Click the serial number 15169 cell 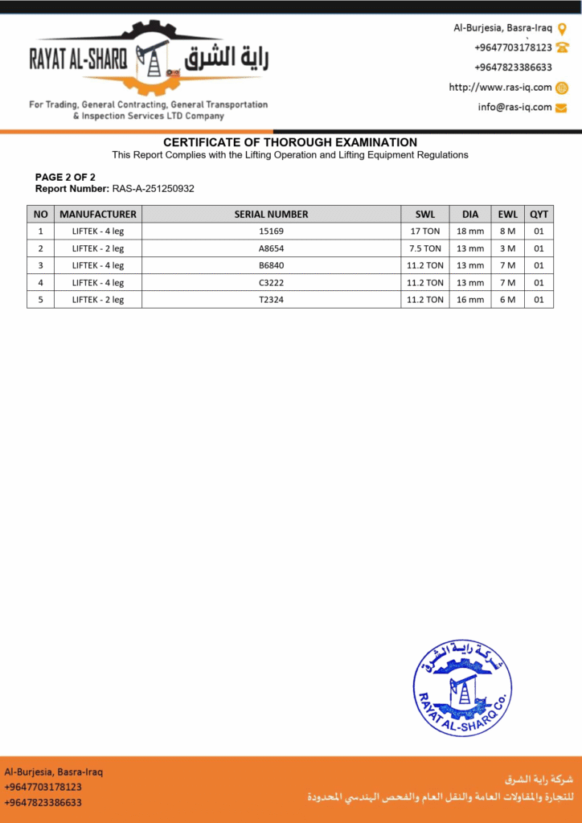pyautogui.click(x=271, y=231)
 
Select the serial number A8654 pyautogui.click(x=271, y=248)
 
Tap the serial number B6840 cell pyautogui.click(x=271, y=265)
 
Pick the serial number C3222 pyautogui.click(x=271, y=282)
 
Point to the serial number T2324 pyautogui.click(x=271, y=299)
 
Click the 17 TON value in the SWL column pyautogui.click(x=424, y=231)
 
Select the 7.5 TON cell pyautogui.click(x=424, y=248)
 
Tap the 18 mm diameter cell pyautogui.click(x=470, y=231)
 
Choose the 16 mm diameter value pyautogui.click(x=470, y=299)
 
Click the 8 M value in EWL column pyautogui.click(x=507, y=231)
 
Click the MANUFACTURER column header pyautogui.click(x=98, y=215)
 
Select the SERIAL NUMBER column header pyautogui.click(x=271, y=215)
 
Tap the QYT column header pyautogui.click(x=539, y=215)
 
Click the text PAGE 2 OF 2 pyautogui.click(x=65, y=177)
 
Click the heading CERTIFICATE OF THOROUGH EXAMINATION pyautogui.click(x=290, y=142)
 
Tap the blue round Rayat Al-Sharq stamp pyautogui.click(x=461, y=688)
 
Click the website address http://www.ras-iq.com pyautogui.click(x=500, y=88)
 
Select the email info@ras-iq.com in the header pyautogui.click(x=514, y=107)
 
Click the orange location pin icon pyautogui.click(x=562, y=29)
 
